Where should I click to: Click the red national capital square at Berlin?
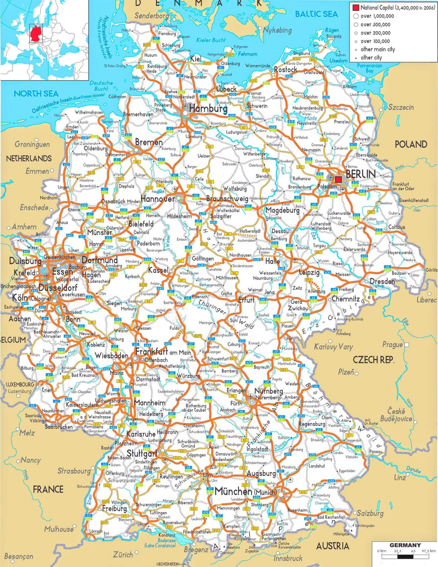coord(338,180)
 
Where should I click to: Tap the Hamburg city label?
coord(208,109)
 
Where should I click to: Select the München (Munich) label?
coord(245,491)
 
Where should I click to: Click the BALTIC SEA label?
coord(316,14)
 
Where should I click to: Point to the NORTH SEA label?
coord(36,94)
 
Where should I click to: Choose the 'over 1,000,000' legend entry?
coord(377,16)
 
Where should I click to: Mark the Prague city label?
coord(392,345)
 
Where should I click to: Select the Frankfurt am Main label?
coord(163,352)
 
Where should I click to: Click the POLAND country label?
coord(411,144)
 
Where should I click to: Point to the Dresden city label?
coord(382,281)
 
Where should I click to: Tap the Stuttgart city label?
coord(142,453)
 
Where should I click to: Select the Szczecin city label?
coord(401,107)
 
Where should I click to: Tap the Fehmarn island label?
coord(248,54)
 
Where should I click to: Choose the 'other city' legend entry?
coord(371,58)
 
